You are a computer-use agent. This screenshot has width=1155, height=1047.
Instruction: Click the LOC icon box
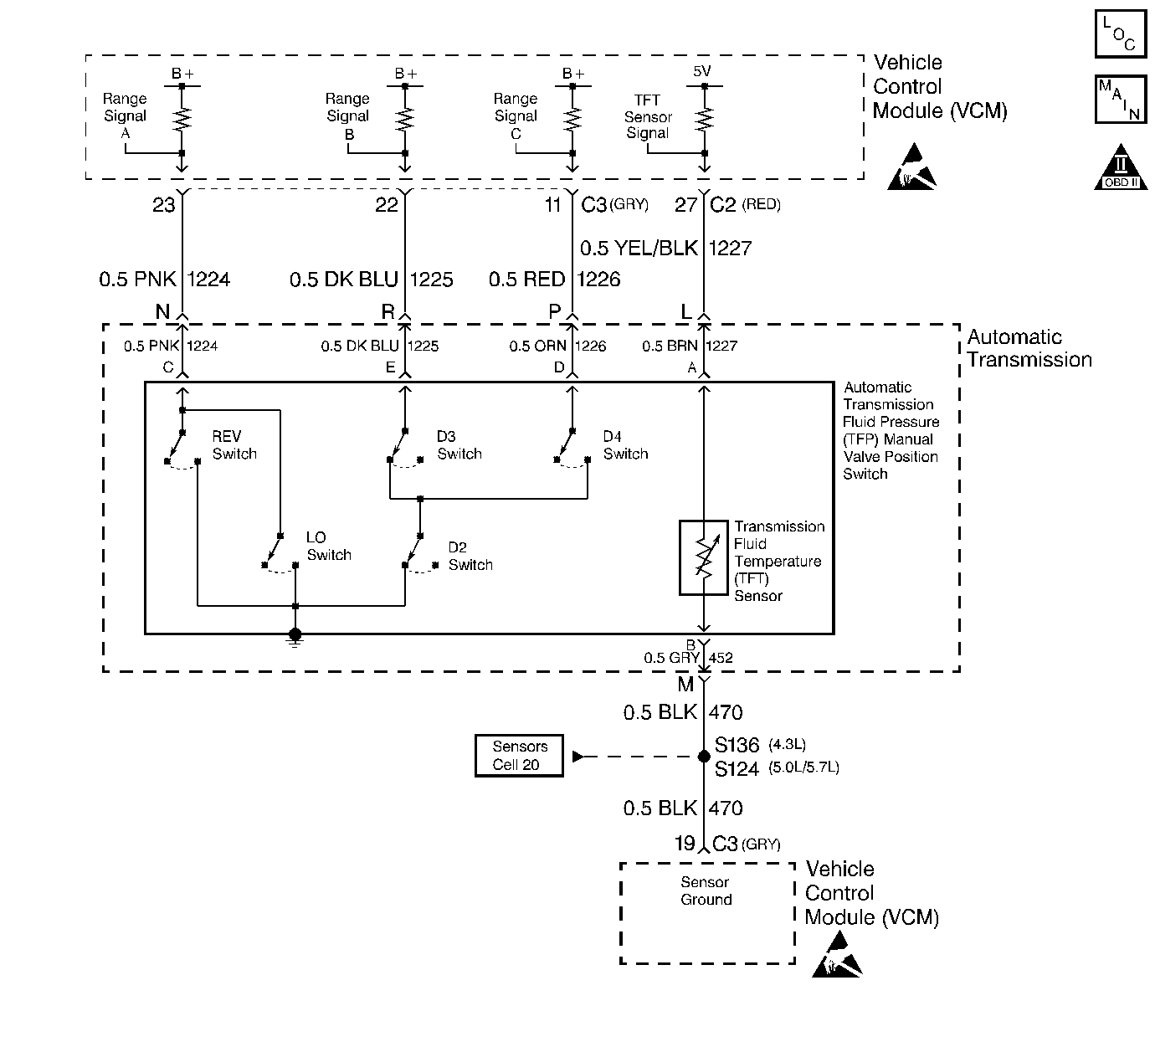point(1121,34)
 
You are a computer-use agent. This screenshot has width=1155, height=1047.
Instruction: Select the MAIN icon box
point(1121,99)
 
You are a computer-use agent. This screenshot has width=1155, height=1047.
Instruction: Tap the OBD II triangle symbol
point(1121,167)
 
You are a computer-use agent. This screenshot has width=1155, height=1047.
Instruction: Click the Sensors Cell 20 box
point(519,756)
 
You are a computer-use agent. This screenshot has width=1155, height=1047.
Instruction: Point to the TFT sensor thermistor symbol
point(704,557)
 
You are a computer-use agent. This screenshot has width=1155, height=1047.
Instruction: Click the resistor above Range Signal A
point(182,119)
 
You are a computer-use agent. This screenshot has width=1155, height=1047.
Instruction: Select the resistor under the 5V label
point(704,119)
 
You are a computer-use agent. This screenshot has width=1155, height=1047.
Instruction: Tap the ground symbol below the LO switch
point(295,637)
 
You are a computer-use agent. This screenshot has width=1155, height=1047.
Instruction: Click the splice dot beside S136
point(704,757)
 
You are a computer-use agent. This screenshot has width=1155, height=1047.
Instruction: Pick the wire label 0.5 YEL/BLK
point(639,249)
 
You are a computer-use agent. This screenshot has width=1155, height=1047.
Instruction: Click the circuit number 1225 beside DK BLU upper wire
point(431,280)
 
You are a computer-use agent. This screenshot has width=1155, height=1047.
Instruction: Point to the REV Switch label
point(234,444)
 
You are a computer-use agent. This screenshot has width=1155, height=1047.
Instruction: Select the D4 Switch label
point(625,444)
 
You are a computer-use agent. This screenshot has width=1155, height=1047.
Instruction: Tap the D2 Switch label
point(470,556)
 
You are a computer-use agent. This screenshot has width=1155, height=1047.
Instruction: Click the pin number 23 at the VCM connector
point(163,205)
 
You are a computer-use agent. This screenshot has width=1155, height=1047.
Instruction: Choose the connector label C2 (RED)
point(745,204)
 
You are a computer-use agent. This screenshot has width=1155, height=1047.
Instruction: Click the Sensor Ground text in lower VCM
point(706,890)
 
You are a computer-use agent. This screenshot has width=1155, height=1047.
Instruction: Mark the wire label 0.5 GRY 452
point(688,658)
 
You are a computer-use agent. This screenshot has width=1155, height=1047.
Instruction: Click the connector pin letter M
point(685,684)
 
